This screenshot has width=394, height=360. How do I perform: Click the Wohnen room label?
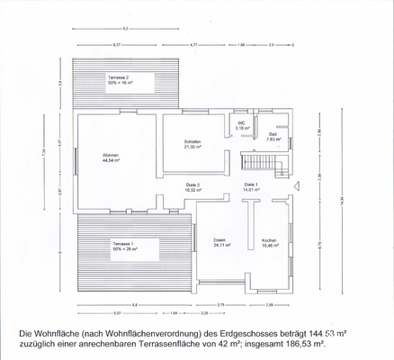click(110, 156)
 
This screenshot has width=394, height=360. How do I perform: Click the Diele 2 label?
click(192, 185)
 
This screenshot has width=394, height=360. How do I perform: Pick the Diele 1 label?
click(251, 185)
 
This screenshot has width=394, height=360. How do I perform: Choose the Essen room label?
click(219, 240)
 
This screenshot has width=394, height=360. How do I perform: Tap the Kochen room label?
click(269, 240)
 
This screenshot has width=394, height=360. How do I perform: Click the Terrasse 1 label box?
click(122, 245)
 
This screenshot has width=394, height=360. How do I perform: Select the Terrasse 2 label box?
click(119, 79)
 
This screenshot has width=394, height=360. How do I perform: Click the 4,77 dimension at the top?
click(193, 43)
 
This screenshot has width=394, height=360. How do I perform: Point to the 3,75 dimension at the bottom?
click(221, 305)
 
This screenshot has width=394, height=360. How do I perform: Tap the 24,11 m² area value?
click(219, 245)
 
